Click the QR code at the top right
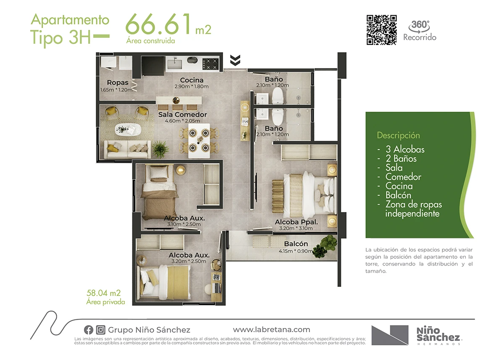click(382, 30)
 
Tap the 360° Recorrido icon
click(420, 30)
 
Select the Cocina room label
click(192, 80)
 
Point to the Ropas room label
click(118, 83)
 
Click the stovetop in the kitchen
click(210, 64)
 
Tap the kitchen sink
click(175, 63)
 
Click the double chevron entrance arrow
click(235, 60)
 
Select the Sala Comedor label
click(182, 115)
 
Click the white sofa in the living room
click(127, 149)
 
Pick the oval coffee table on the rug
click(128, 130)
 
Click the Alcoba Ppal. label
click(297, 222)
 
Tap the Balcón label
click(296, 244)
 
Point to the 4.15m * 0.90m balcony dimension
click(295, 251)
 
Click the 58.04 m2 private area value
click(104, 293)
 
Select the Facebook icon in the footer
click(89, 330)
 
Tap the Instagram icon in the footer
click(100, 330)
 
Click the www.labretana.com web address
click(272, 330)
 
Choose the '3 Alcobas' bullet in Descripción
click(405, 150)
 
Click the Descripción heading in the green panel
click(398, 135)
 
